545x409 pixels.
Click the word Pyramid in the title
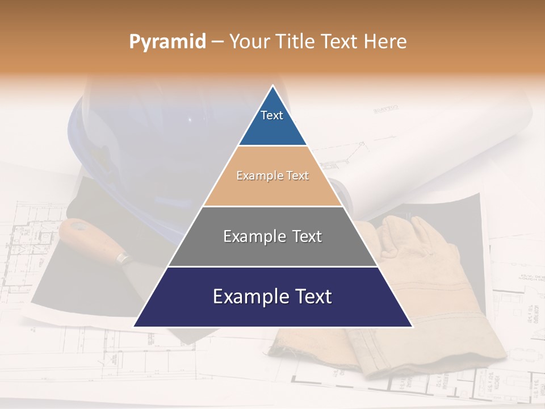167,42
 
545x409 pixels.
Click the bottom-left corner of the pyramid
135,326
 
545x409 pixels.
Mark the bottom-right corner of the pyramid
412,326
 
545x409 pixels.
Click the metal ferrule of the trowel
123,259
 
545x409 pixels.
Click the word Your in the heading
248,42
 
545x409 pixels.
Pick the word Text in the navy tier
312,297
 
